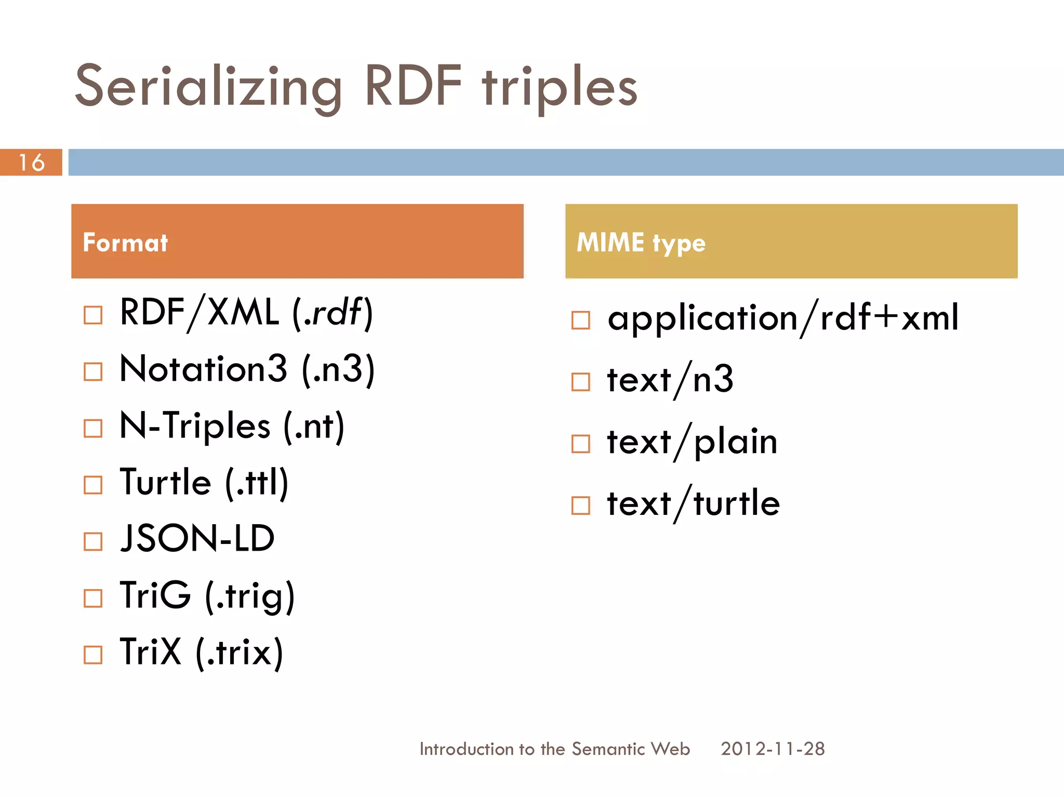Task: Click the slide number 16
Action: point(31,163)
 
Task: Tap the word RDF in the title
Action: point(413,86)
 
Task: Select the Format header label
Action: point(125,243)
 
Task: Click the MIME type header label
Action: point(641,243)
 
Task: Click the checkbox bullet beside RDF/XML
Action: point(93,315)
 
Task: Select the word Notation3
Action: point(203,369)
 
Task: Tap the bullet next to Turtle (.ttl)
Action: point(93,485)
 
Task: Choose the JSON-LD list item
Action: point(197,538)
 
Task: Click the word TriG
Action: point(155,595)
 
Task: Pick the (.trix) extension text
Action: point(240,652)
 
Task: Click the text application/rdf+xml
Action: point(782,317)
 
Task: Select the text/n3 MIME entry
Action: point(670,380)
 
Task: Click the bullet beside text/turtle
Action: point(580,505)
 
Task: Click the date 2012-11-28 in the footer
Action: point(773,749)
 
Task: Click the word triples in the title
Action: point(559,87)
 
